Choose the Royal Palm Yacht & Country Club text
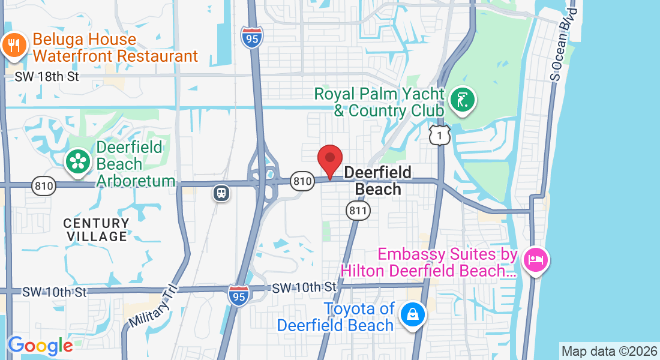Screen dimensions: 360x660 (380, 103)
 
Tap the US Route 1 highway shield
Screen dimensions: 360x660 (440, 136)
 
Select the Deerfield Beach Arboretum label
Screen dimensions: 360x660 (135, 164)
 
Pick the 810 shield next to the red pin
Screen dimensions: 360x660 (302, 180)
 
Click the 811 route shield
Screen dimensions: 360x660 (358, 210)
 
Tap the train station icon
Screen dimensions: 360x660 (221, 193)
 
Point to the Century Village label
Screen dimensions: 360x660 (97, 230)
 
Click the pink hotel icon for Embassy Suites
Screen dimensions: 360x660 (535, 260)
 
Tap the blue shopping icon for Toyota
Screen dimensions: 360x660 (413, 313)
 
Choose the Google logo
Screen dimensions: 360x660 (40, 346)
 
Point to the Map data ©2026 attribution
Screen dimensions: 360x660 (609, 351)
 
